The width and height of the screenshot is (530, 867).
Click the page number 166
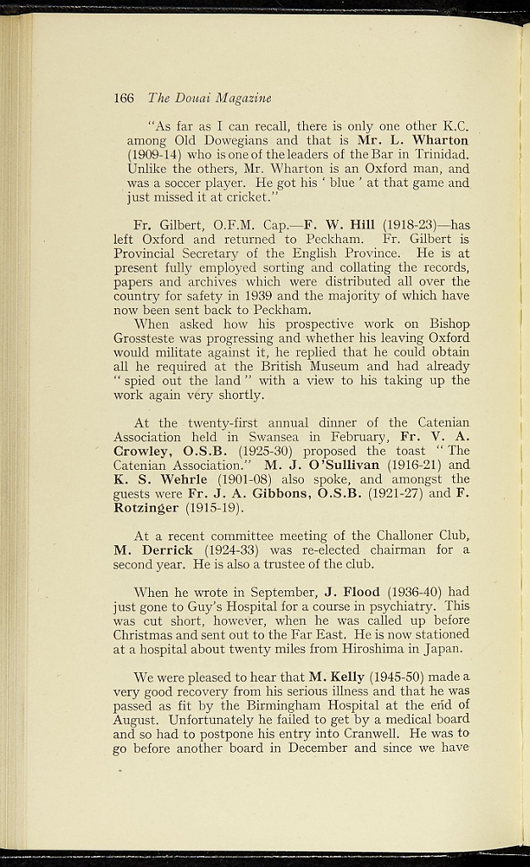(124, 98)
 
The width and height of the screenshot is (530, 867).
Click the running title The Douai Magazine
(209, 98)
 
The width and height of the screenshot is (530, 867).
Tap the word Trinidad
(439, 155)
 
